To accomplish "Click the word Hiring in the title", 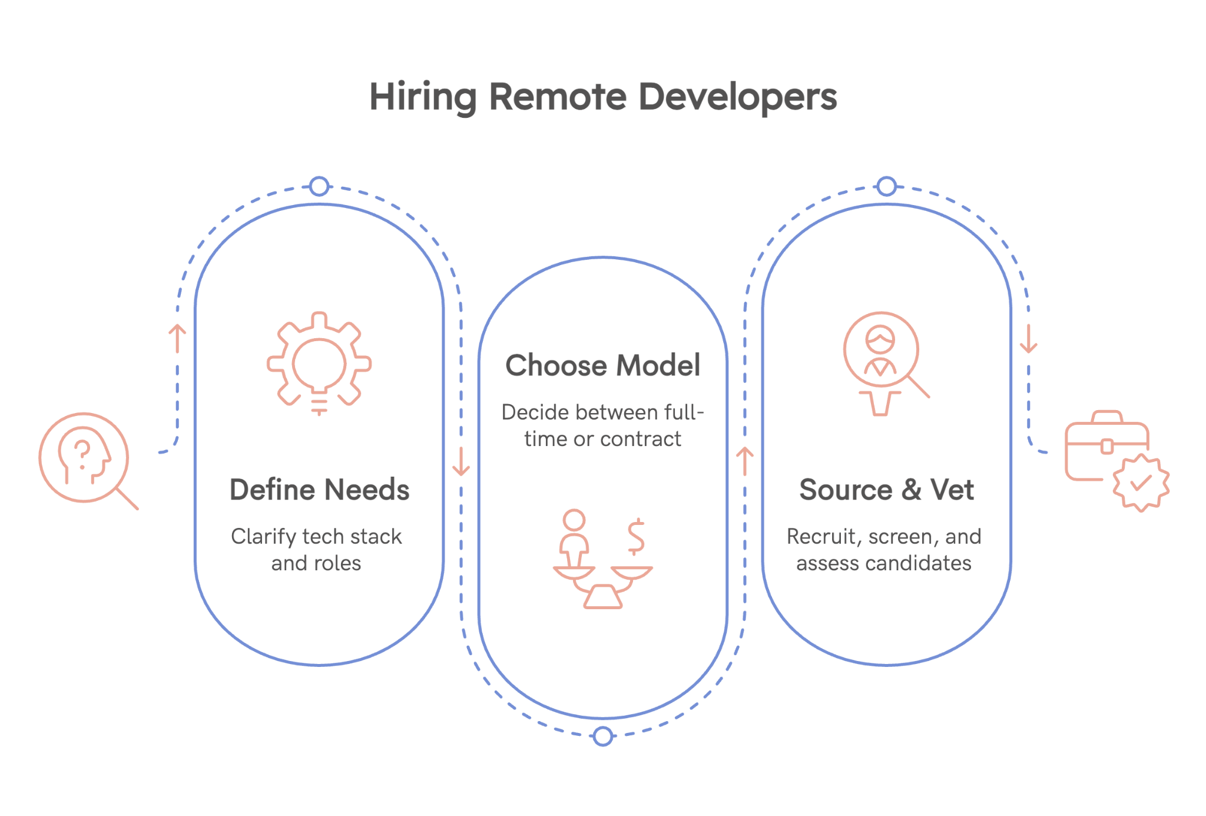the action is pos(422,97).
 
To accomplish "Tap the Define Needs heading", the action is pos(319,490).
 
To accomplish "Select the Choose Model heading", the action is pos(602,365).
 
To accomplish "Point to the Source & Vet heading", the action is pos(886,490).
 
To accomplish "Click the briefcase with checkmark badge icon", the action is pos(1115,460).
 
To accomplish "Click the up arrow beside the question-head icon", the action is pos(177,338).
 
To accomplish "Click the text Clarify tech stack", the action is pos(316,537).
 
